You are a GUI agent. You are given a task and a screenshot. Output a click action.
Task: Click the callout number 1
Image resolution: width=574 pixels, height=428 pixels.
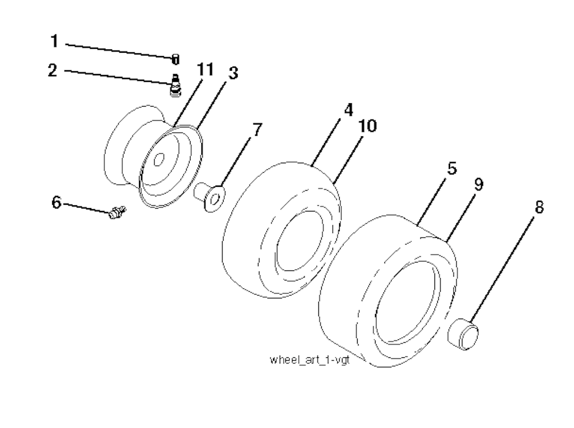tap(54, 41)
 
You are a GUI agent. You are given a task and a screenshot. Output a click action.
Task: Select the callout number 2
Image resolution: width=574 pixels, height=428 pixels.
tap(53, 70)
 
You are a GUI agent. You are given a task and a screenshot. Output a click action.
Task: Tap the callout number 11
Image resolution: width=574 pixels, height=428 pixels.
tap(205, 69)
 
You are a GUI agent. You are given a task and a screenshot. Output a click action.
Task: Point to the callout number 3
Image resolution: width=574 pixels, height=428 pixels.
tap(233, 72)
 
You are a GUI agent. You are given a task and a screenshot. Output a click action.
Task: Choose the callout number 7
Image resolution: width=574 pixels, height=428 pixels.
tap(257, 130)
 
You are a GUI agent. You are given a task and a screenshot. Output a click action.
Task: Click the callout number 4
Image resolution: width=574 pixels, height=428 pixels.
tap(348, 110)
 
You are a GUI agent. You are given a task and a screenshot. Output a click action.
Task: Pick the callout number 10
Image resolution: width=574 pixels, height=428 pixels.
tap(368, 126)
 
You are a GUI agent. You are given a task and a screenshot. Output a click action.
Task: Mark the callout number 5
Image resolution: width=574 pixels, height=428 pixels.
tap(452, 168)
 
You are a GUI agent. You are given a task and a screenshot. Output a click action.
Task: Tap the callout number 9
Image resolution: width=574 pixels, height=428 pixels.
tap(479, 184)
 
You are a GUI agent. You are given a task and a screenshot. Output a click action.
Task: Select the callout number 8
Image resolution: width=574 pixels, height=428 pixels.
tap(539, 207)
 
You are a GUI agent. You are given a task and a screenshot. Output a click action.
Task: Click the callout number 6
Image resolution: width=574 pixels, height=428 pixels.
tap(57, 202)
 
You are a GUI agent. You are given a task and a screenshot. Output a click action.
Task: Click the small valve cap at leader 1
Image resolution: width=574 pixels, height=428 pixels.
tap(175, 59)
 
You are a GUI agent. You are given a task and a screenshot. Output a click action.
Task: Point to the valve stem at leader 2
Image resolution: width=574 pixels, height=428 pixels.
tap(176, 85)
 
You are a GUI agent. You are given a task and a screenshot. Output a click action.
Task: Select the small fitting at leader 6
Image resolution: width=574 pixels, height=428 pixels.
tap(117, 212)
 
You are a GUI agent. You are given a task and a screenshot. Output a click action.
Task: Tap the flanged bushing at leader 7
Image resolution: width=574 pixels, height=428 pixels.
tap(210, 197)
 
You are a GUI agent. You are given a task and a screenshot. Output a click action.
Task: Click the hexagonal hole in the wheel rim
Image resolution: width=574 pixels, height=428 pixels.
tap(159, 159)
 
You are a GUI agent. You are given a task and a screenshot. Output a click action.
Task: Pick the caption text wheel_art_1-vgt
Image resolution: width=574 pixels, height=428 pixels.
tap(309, 360)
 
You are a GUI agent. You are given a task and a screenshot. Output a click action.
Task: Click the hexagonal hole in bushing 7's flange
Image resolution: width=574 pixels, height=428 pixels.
tap(216, 198)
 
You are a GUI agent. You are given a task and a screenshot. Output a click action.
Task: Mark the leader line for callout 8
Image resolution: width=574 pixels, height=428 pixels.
tap(502, 270)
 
